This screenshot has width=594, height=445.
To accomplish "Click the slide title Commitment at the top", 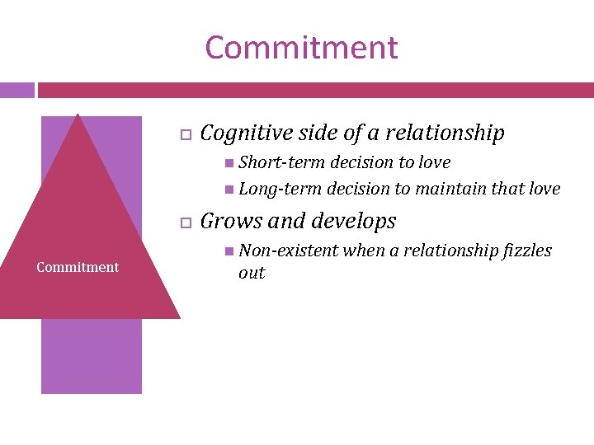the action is [x=301, y=48].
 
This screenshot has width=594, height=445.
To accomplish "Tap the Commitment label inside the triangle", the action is [x=78, y=267].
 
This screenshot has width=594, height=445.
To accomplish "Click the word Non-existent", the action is [x=289, y=251].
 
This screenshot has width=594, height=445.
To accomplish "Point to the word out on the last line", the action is [x=252, y=273].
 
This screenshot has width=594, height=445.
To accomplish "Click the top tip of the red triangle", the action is [x=78, y=115].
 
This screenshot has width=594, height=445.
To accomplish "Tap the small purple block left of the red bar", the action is [x=16, y=90].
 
